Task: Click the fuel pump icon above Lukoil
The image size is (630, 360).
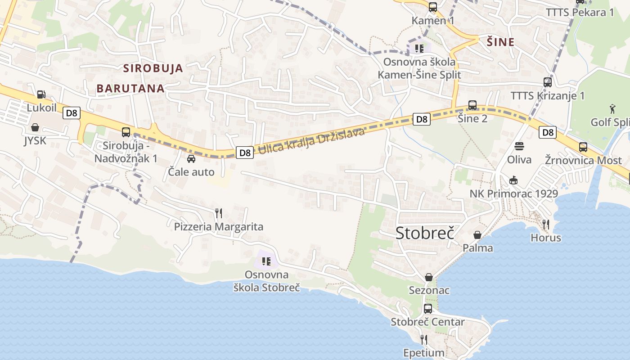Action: [41, 94]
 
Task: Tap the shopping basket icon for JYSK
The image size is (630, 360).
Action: [35, 128]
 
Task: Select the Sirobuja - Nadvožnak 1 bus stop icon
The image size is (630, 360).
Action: [126, 132]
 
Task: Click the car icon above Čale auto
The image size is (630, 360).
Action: [191, 158]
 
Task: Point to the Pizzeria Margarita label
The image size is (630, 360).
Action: [219, 226]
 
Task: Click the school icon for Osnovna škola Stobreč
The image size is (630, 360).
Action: [266, 261]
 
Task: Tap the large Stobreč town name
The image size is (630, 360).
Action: [424, 233]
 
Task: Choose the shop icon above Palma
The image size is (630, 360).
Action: [477, 235]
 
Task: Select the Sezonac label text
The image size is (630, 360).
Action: [429, 290]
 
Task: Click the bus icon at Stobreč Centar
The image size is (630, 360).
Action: [428, 309]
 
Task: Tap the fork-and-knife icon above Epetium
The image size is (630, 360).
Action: [423, 339]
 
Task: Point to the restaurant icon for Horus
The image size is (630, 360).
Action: [546, 224]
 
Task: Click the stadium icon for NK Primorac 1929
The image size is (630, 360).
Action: [513, 180]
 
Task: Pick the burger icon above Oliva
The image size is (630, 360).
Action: [519, 146]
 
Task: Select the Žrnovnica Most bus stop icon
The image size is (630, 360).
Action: [583, 147]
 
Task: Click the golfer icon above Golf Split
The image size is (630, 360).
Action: [612, 109]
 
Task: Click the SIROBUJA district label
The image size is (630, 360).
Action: [153, 68]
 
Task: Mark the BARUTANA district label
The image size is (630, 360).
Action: [130, 88]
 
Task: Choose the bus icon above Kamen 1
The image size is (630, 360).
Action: [433, 7]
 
